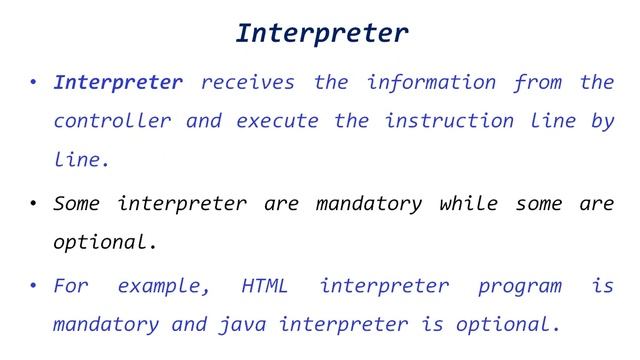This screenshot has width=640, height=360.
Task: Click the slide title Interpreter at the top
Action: pyautogui.click(x=321, y=33)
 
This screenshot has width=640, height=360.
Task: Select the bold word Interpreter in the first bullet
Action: pyautogui.click(x=118, y=82)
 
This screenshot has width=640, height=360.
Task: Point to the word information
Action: pyautogui.click(x=431, y=82)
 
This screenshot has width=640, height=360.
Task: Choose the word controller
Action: pyautogui.click(x=112, y=121)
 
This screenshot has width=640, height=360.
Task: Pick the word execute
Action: pyautogui.click(x=276, y=121)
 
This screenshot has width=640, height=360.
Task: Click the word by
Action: pyautogui.click(x=602, y=121)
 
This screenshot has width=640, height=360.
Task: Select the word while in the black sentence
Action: pyautogui.click(x=468, y=204)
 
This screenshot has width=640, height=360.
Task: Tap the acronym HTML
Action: pyautogui.click(x=265, y=287)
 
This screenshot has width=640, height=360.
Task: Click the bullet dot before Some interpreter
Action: pyautogui.click(x=32, y=205)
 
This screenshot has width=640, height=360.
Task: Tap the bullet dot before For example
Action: pyautogui.click(x=32, y=288)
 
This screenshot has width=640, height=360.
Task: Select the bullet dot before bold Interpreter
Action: pyautogui.click(x=32, y=83)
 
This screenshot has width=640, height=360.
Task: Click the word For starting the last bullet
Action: pyautogui.click(x=71, y=287)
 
